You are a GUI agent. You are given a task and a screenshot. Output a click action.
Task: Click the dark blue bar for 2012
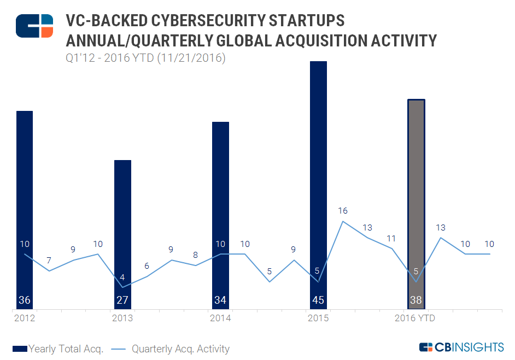coord(25,208)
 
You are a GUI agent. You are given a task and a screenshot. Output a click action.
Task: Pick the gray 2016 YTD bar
coord(417,202)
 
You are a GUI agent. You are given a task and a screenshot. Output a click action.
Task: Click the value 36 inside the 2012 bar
coord(25,300)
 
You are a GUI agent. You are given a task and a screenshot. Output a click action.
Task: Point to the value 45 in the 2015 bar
coord(318,300)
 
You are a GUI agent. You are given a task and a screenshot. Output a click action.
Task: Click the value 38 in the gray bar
coord(417,300)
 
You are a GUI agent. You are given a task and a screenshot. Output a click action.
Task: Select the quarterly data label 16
coord(343,211)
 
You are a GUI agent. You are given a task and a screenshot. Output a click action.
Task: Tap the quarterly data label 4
coord(122,277)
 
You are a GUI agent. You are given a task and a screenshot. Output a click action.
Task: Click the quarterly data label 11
coord(392,238)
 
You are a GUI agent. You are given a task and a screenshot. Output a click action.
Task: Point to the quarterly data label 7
coord(49,261)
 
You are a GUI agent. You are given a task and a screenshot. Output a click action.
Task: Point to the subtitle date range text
coord(145,57)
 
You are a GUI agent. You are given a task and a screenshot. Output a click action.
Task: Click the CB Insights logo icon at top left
coord(34,26)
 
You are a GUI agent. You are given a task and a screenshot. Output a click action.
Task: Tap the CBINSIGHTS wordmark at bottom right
coord(461,347)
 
